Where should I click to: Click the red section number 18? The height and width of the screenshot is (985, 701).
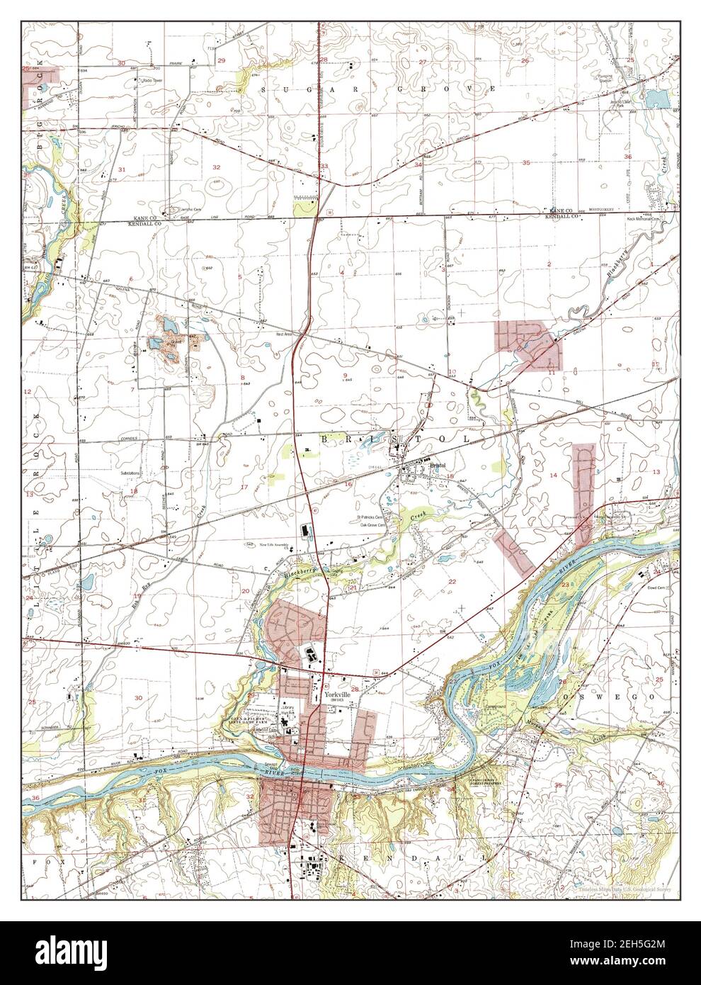132,491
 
